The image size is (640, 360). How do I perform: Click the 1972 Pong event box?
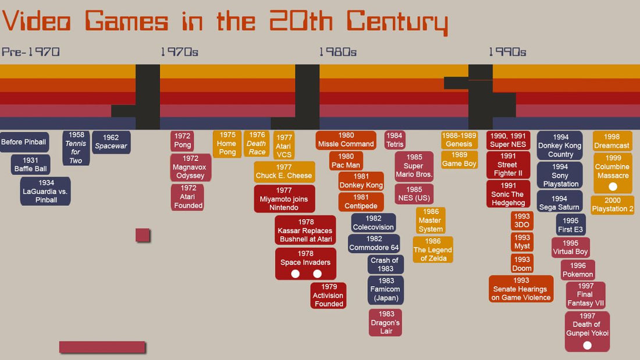point(182,141)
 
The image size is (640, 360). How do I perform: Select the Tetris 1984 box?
point(394,140)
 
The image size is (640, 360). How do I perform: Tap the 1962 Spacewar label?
point(111,142)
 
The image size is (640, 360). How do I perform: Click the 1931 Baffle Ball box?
point(31,165)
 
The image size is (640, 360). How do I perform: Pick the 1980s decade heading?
point(337,52)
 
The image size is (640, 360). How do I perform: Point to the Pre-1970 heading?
point(30,52)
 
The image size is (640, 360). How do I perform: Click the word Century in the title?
point(397,22)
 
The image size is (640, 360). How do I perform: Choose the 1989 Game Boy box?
point(459,159)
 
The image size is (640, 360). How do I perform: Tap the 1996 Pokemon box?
point(578,270)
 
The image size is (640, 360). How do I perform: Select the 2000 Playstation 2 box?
point(612,205)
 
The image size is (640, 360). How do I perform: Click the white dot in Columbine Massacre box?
point(613,187)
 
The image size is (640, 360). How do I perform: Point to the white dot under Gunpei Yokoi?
point(587,345)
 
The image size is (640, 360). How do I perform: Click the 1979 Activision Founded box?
point(329,295)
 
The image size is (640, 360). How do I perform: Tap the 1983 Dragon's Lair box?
point(385,323)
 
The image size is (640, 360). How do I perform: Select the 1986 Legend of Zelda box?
point(432,249)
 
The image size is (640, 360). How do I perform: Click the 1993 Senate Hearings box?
point(521,289)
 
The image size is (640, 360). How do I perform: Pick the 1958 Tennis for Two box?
point(76,148)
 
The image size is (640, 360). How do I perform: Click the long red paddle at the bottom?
point(102,347)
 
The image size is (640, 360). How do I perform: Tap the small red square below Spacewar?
point(143,235)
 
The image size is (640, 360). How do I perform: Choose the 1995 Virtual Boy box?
point(571,248)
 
